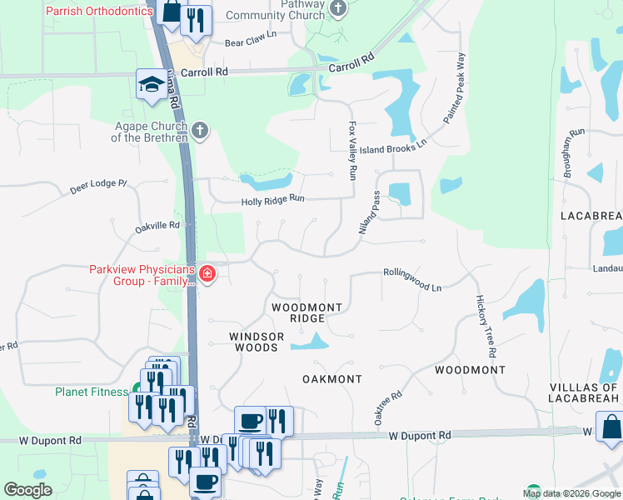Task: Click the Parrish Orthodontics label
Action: click(99, 12)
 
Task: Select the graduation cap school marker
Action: click(151, 83)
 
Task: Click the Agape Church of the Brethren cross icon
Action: click(199, 130)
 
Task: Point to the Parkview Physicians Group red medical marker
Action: click(206, 273)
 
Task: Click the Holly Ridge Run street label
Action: click(273, 201)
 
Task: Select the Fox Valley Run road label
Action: click(352, 151)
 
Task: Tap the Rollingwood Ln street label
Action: click(411, 278)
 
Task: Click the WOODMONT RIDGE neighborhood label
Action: click(307, 312)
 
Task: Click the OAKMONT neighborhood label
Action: click(331, 379)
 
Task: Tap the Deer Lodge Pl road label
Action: click(97, 187)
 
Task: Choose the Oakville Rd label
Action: click(157, 226)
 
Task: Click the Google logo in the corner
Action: click(28, 490)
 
